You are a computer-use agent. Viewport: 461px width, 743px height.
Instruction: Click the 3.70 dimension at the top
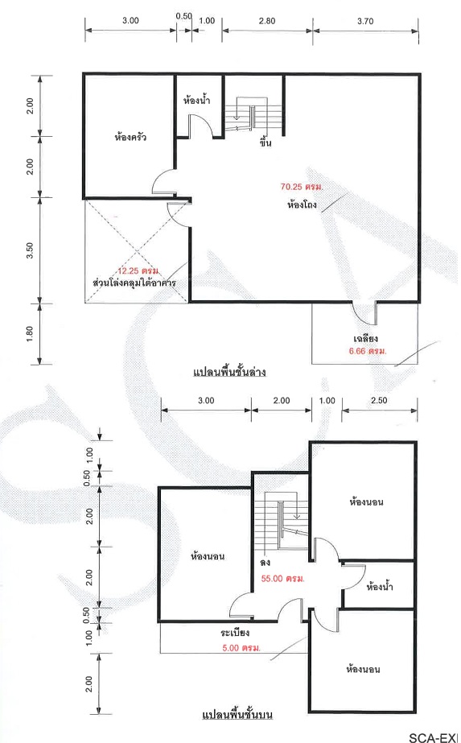(365, 21)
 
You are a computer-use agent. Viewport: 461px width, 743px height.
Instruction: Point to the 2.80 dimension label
(267, 21)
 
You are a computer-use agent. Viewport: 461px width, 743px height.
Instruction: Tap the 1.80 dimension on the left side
(30, 334)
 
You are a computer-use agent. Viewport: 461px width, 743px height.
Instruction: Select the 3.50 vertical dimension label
(30, 250)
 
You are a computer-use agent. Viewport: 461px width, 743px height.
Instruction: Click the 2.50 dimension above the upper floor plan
(379, 400)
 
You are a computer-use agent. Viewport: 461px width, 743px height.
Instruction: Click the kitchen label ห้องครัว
(130, 138)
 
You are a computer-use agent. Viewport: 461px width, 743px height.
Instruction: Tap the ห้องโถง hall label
(302, 205)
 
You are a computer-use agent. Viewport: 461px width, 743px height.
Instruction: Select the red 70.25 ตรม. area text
(302, 187)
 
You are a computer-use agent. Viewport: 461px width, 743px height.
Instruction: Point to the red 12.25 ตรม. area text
(138, 271)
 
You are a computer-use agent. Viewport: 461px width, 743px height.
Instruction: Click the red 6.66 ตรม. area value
(368, 351)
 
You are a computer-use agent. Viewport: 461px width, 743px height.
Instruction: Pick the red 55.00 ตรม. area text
(283, 579)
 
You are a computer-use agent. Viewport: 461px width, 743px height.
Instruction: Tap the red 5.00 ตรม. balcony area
(241, 648)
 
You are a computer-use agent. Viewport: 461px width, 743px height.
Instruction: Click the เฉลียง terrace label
(366, 338)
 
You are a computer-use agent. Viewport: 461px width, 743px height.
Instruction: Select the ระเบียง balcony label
(235, 633)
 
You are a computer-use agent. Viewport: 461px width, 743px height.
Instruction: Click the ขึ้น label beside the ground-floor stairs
(265, 142)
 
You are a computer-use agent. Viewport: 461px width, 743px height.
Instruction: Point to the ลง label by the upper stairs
(265, 563)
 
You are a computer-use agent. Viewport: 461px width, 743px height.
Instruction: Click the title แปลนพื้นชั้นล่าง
(229, 372)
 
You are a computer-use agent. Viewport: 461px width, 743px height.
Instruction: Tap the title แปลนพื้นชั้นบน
(237, 715)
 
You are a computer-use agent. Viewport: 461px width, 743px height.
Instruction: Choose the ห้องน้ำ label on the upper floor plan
(380, 587)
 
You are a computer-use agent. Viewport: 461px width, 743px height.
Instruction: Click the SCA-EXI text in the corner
(434, 737)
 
